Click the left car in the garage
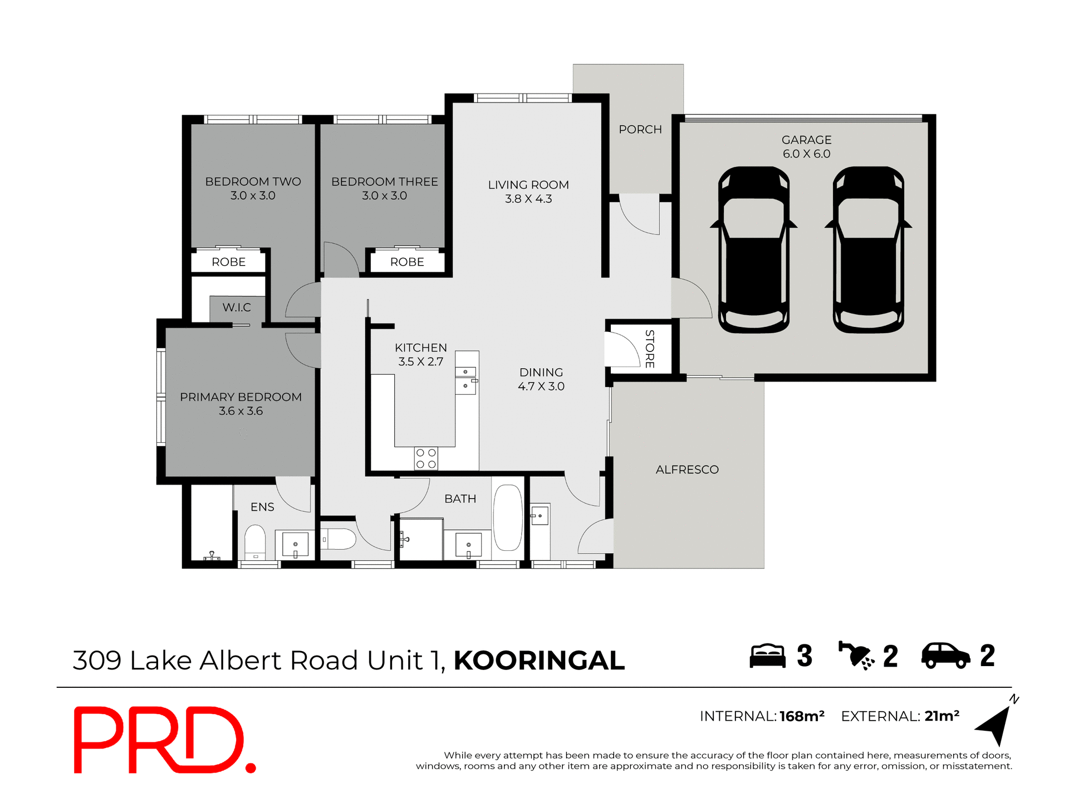[x=754, y=251]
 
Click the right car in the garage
[x=868, y=251]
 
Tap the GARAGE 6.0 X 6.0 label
[x=806, y=147]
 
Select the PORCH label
[x=640, y=130]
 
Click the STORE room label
[x=649, y=349]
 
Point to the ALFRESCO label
[x=687, y=470]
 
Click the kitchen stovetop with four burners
[x=426, y=458]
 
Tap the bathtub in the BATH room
[x=508, y=518]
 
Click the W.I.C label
[x=237, y=307]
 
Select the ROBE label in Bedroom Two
[x=228, y=262]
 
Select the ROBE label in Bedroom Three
[x=407, y=262]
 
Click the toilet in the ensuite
[x=255, y=541]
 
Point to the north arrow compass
[x=997, y=725]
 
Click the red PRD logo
[x=164, y=740]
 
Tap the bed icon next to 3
[x=767, y=656]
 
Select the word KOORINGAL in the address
[x=539, y=661]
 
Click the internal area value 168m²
[x=802, y=716]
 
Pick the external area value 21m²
[x=942, y=716]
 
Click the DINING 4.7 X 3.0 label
[x=541, y=379]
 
